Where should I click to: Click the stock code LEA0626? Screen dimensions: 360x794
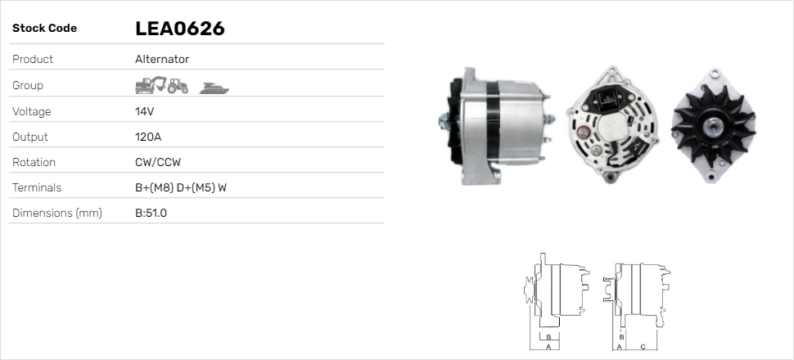179,29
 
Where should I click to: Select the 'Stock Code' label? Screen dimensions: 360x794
44,29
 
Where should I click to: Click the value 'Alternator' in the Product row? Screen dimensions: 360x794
162,59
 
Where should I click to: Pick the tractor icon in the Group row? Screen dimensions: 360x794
178,85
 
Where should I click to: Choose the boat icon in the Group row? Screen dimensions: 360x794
214,87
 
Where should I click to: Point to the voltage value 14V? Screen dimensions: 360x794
145,111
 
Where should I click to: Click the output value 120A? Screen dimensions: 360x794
148,137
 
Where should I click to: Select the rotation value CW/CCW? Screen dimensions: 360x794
157,162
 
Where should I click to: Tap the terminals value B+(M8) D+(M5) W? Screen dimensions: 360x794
180,187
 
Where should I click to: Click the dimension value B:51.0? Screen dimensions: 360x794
151,214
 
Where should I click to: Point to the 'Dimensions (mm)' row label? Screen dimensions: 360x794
56,214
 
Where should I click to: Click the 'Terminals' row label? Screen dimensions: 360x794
37,187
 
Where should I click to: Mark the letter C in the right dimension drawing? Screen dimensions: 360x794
643,347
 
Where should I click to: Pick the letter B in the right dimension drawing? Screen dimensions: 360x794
621,336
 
